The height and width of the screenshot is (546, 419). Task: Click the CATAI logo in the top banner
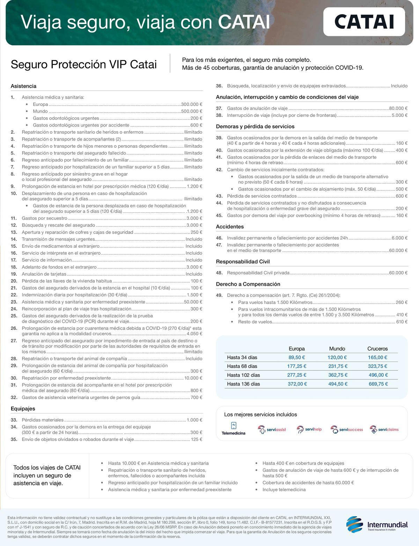point(364,22)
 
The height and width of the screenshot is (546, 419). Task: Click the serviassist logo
point(272,429)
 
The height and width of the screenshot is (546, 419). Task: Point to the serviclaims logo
point(384,429)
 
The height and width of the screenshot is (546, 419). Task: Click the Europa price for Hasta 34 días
point(297,357)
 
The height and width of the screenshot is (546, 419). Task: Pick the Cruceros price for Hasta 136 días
point(378,384)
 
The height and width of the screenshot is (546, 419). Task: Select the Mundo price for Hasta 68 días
point(338,366)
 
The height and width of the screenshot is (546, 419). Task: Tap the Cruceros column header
point(377,349)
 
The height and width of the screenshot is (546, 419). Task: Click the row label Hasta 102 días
point(243,375)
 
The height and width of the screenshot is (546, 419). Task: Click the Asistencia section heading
point(23,86)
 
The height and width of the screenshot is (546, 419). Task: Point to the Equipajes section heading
point(23,409)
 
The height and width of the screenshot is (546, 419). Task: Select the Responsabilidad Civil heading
point(243,262)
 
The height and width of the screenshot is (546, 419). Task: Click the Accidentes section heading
point(230,227)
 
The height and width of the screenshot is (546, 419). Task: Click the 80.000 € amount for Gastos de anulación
point(398,109)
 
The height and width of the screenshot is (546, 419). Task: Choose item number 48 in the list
point(219,273)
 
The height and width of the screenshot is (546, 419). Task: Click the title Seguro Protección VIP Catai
point(84,65)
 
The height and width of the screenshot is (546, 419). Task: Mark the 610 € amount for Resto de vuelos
point(402,322)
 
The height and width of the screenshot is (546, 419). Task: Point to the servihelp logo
point(309,429)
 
